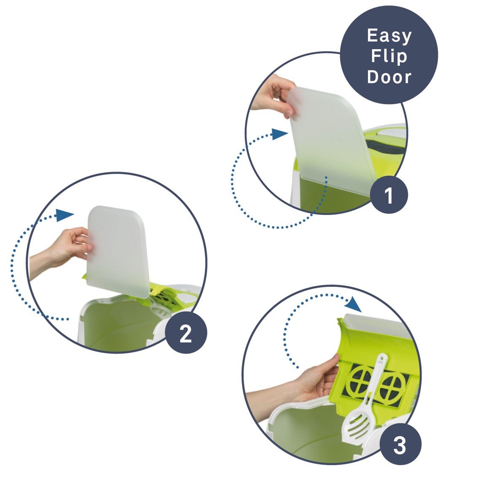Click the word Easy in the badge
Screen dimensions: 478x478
(389, 36)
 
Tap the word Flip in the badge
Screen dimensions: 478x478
(389, 56)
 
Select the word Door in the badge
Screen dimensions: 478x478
(389, 77)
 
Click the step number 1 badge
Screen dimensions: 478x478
(389, 194)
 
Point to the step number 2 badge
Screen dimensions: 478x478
(185, 333)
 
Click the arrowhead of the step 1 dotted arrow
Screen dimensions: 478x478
(279, 134)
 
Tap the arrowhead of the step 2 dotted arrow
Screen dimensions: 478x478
(65, 215)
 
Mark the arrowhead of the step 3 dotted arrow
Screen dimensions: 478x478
(354, 304)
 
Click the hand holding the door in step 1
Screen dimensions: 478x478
(273, 96)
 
